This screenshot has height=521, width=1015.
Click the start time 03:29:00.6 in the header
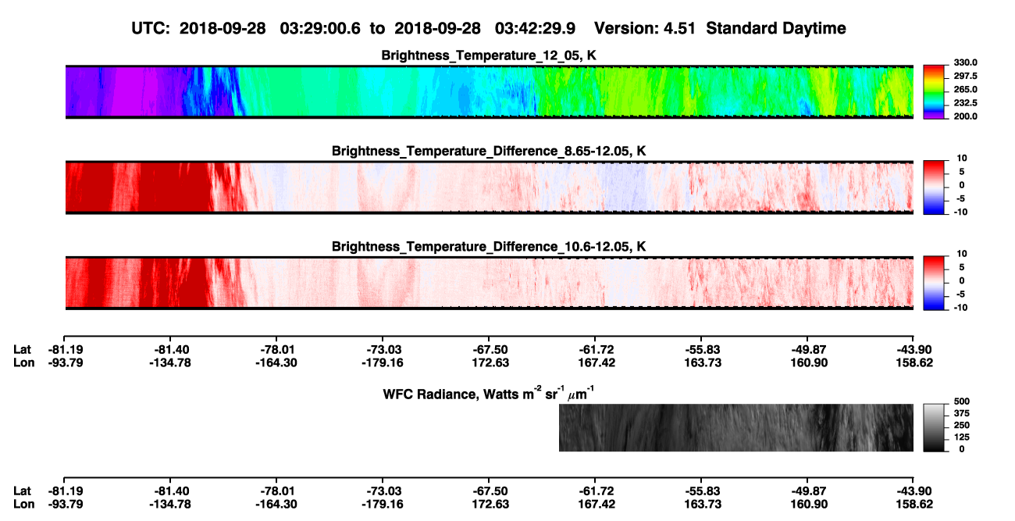click(x=320, y=29)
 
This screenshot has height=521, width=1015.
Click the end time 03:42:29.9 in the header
click(x=535, y=29)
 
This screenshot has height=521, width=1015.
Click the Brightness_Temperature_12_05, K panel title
click(x=489, y=55)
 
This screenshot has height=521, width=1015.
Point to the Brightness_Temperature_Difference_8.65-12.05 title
click(x=489, y=151)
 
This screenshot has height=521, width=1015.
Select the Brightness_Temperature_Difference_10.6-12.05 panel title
click(x=489, y=247)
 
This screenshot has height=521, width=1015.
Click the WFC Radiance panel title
click(x=489, y=394)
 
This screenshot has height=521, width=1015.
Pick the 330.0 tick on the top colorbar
click(x=965, y=62)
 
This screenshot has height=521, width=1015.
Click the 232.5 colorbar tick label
click(x=965, y=103)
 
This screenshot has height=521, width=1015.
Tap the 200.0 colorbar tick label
click(x=965, y=116)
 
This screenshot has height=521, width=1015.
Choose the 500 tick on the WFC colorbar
click(x=962, y=401)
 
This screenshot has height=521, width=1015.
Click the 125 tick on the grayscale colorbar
click(x=962, y=437)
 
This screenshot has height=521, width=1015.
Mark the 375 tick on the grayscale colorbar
click(x=962, y=413)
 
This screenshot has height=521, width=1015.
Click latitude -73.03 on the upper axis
click(x=384, y=350)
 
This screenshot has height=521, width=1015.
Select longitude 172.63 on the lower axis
click(x=490, y=505)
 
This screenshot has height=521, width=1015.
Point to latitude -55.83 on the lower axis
click(x=703, y=491)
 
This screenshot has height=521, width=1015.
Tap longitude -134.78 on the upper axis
click(x=170, y=362)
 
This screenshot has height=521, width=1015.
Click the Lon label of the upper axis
click(x=23, y=362)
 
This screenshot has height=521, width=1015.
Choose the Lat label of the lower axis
click(x=22, y=491)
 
